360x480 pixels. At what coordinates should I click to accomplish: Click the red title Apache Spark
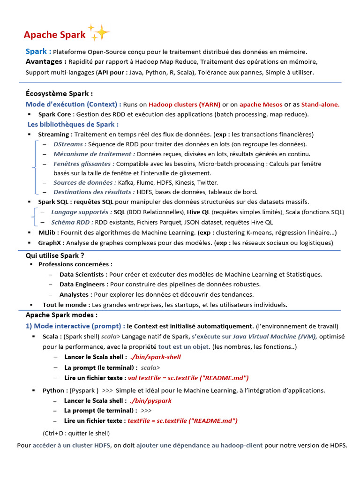point(54,35)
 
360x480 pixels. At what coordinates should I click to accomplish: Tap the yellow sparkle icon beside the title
point(99,32)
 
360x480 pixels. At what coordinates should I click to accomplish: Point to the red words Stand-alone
point(320,104)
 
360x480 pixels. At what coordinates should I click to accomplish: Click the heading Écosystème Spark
point(59,93)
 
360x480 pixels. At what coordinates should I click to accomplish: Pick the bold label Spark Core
point(54,114)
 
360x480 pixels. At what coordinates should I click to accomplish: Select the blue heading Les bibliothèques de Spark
point(73,124)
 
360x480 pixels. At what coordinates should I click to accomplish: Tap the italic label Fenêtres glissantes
point(84,164)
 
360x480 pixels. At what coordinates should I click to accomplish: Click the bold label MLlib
point(47,232)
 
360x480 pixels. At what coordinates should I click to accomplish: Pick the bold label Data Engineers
point(83,284)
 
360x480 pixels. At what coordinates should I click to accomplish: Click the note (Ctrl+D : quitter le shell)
point(76,433)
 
